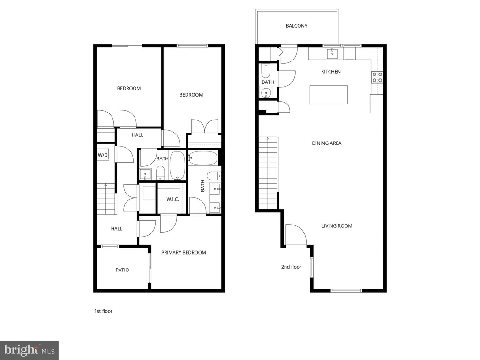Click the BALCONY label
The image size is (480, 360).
[296, 26]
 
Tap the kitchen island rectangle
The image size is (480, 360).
[329, 95]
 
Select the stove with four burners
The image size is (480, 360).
[377, 77]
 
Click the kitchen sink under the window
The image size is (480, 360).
[332, 53]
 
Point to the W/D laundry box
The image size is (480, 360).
[103, 155]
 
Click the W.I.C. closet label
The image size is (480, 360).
[172, 199]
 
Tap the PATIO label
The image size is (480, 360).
[122, 270]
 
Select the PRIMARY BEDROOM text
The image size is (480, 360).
[183, 253]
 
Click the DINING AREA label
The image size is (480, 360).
[326, 143]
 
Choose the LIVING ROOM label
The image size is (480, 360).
[337, 226]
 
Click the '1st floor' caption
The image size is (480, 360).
[103, 311]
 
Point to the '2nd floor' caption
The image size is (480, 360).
[291, 267]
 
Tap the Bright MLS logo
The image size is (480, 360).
[29, 350]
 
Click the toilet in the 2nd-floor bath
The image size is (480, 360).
[265, 71]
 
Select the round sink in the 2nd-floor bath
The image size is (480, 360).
[266, 92]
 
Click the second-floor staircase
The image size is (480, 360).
[268, 172]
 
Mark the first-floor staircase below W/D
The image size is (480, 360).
[106, 198]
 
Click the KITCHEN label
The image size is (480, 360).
[330, 72]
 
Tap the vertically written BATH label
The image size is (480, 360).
[202, 186]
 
